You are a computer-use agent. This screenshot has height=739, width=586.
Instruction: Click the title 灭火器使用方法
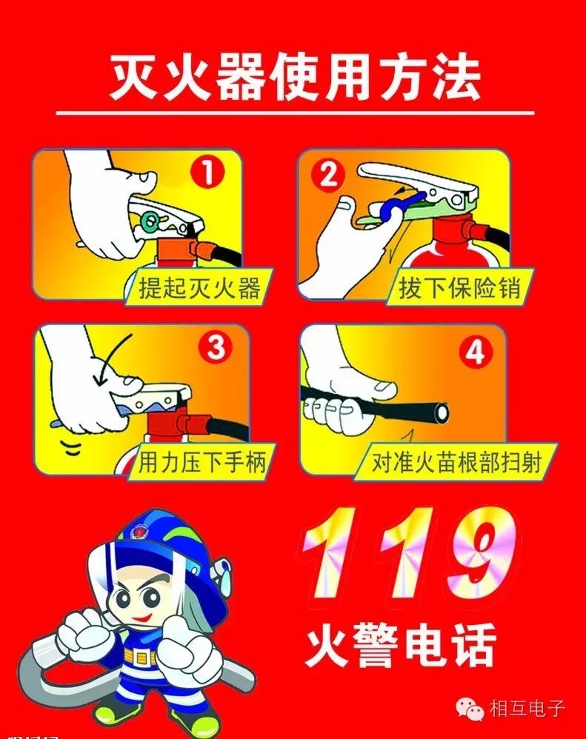point(295,76)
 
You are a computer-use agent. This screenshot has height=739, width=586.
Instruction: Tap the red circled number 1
point(208,173)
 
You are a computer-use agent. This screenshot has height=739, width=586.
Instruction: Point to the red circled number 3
point(215,348)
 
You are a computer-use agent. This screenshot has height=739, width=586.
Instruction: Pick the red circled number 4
point(475,352)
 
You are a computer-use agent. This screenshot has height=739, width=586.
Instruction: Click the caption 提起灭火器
point(200,287)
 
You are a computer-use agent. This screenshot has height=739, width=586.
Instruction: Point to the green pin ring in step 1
point(152,220)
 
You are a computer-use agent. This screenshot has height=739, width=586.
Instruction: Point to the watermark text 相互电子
point(527,709)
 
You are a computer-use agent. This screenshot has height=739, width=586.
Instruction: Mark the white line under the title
point(295,113)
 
